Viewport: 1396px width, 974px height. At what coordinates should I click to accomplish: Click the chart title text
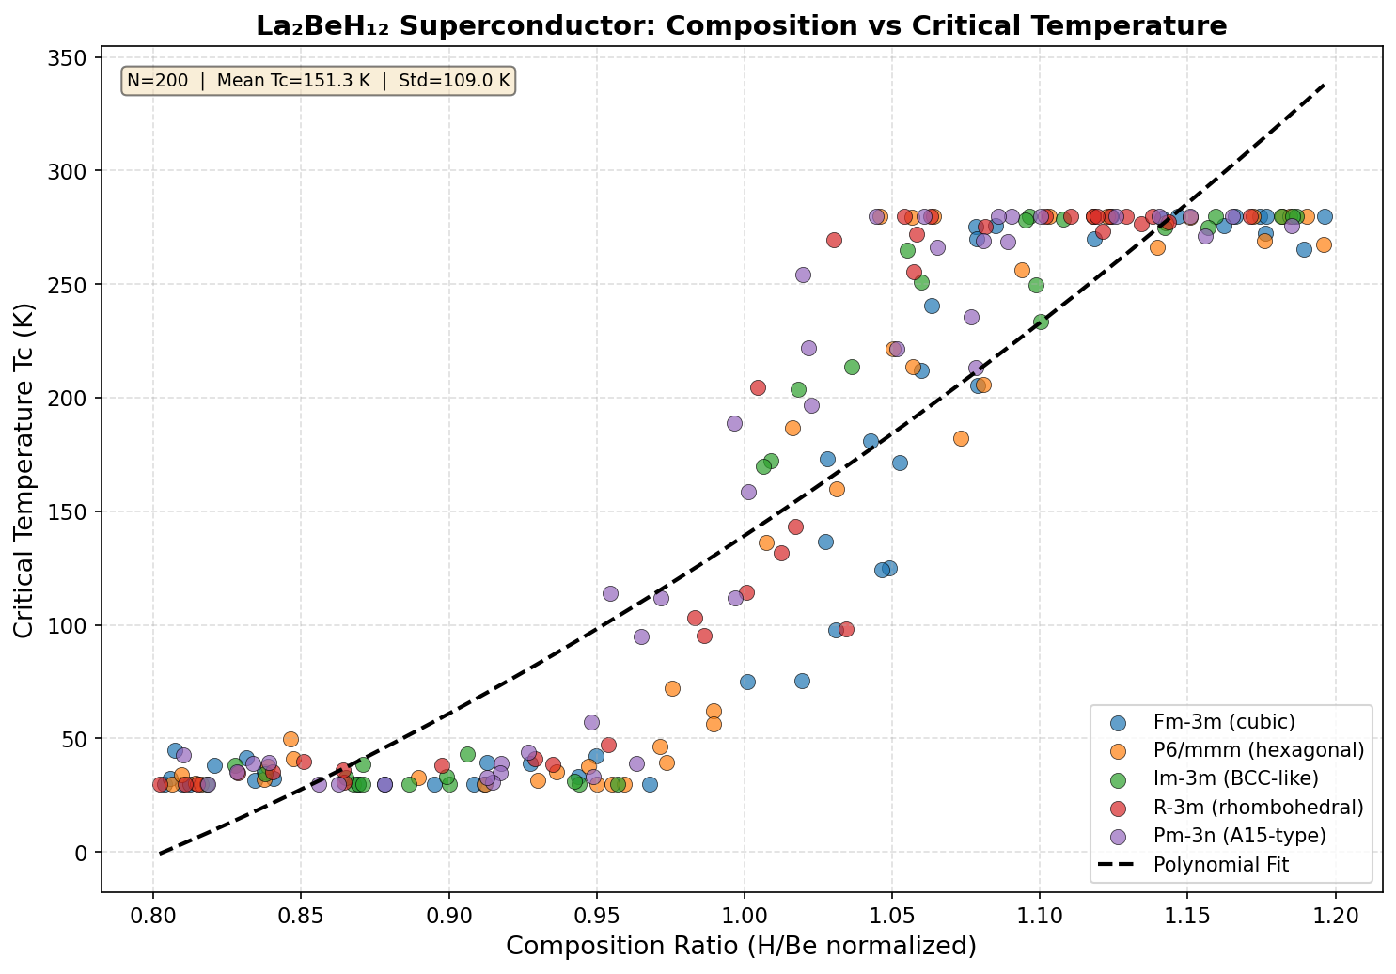(741, 25)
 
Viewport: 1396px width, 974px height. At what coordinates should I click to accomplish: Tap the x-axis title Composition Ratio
(741, 946)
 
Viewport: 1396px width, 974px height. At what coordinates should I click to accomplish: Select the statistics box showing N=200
(319, 81)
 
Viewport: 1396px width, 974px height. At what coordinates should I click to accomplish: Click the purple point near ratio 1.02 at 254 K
(803, 275)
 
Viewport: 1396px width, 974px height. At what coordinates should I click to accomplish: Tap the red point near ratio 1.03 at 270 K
(834, 240)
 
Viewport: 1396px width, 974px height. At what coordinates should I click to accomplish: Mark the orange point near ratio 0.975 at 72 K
(672, 688)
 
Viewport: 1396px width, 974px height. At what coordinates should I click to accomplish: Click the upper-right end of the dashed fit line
(1324, 84)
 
